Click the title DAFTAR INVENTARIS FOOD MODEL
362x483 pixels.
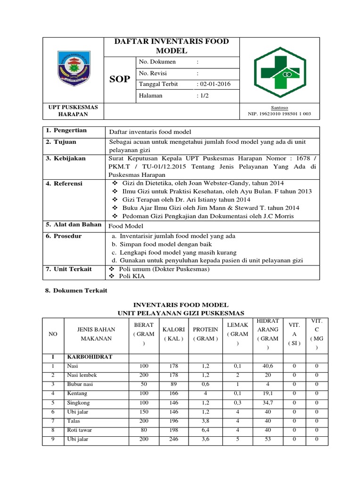172,46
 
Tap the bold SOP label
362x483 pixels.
120,79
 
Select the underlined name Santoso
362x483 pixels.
280,108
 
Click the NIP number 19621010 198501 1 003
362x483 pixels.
280,114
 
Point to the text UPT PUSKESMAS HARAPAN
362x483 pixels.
74,111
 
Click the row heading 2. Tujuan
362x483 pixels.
61,142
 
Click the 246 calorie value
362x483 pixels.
173,439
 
